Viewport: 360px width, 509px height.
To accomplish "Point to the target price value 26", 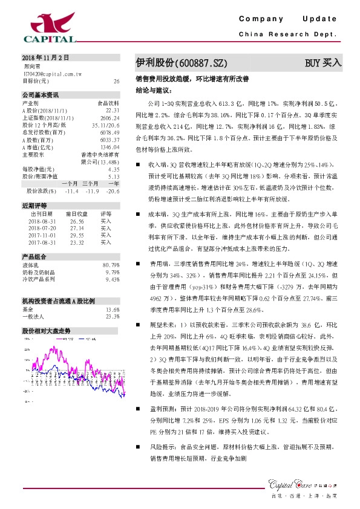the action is pos(116,80).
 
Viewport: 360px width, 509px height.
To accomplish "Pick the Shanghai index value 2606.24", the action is pos(110,117).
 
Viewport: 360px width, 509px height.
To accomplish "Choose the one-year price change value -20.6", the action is pos(113,190).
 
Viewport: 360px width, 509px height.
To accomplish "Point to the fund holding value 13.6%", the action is pos(113,309).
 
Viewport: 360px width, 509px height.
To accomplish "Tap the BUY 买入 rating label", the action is pos(323,62).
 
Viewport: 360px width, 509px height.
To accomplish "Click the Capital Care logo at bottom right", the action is pos(306,482).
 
